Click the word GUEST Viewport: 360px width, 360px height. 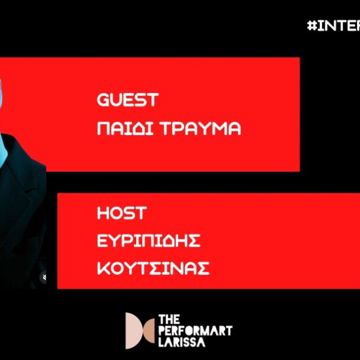point(127,100)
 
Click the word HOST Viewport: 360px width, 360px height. point(122,212)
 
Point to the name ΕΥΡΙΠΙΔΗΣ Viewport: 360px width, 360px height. point(148,241)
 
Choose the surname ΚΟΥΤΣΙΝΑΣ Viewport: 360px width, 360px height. point(153,268)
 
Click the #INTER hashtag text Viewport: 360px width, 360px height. point(333,26)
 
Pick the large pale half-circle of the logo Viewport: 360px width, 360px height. point(130,331)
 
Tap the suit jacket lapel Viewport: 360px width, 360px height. point(24,198)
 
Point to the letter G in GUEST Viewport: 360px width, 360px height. point(102,100)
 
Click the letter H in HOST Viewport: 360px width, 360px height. point(102,212)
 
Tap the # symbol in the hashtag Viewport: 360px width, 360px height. point(311,26)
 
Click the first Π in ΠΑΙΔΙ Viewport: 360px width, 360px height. point(103,128)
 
